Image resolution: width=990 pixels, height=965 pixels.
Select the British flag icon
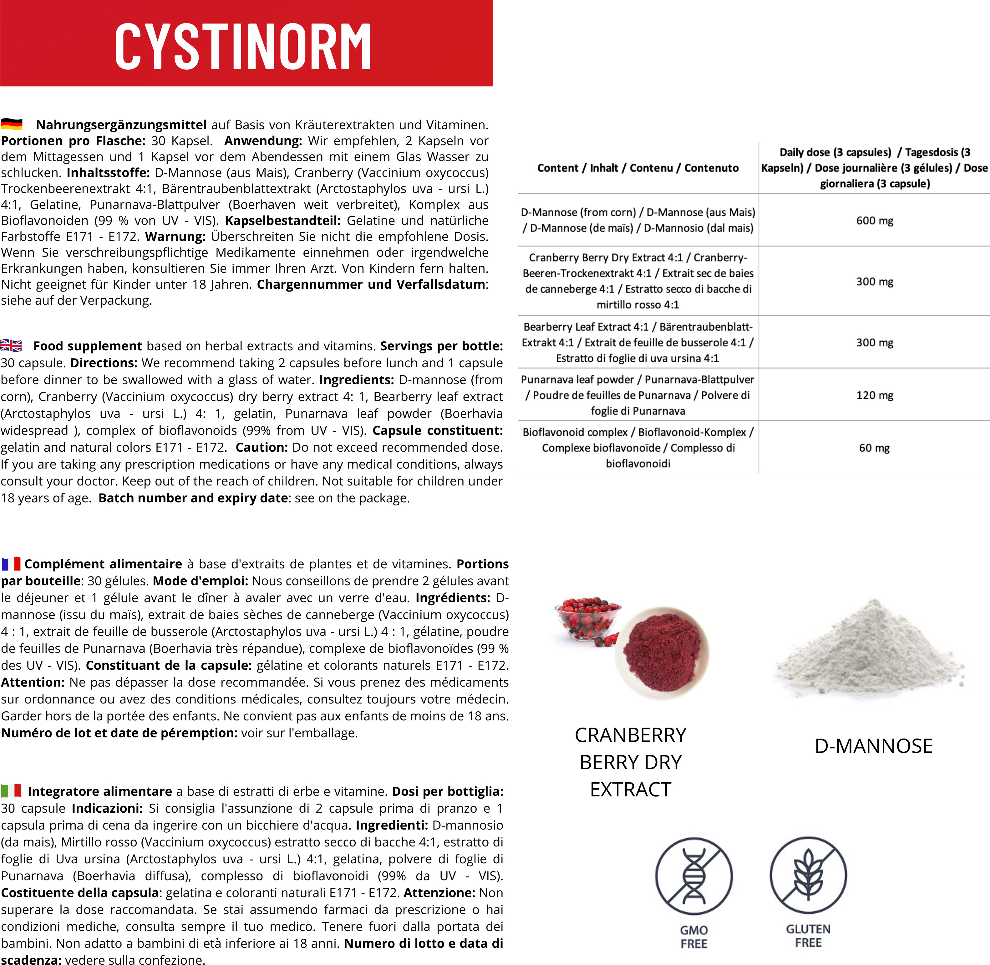pos(11,346)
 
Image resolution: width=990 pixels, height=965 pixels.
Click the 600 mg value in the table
pos(875,221)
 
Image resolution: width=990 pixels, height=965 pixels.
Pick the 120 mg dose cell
pos(875,395)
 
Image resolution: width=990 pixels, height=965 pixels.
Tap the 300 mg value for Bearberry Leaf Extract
pos(875,343)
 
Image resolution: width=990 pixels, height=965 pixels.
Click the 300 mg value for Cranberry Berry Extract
pos(875,282)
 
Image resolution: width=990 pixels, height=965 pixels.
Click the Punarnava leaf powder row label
pos(638,395)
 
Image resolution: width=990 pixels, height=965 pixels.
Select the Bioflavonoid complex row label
pos(638,448)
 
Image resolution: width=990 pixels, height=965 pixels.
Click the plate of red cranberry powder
pos(662,654)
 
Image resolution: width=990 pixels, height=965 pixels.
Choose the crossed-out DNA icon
pos(693,876)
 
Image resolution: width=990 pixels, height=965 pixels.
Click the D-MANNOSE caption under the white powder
pos(873,746)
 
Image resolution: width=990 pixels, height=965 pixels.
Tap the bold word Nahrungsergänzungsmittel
pos(121,125)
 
